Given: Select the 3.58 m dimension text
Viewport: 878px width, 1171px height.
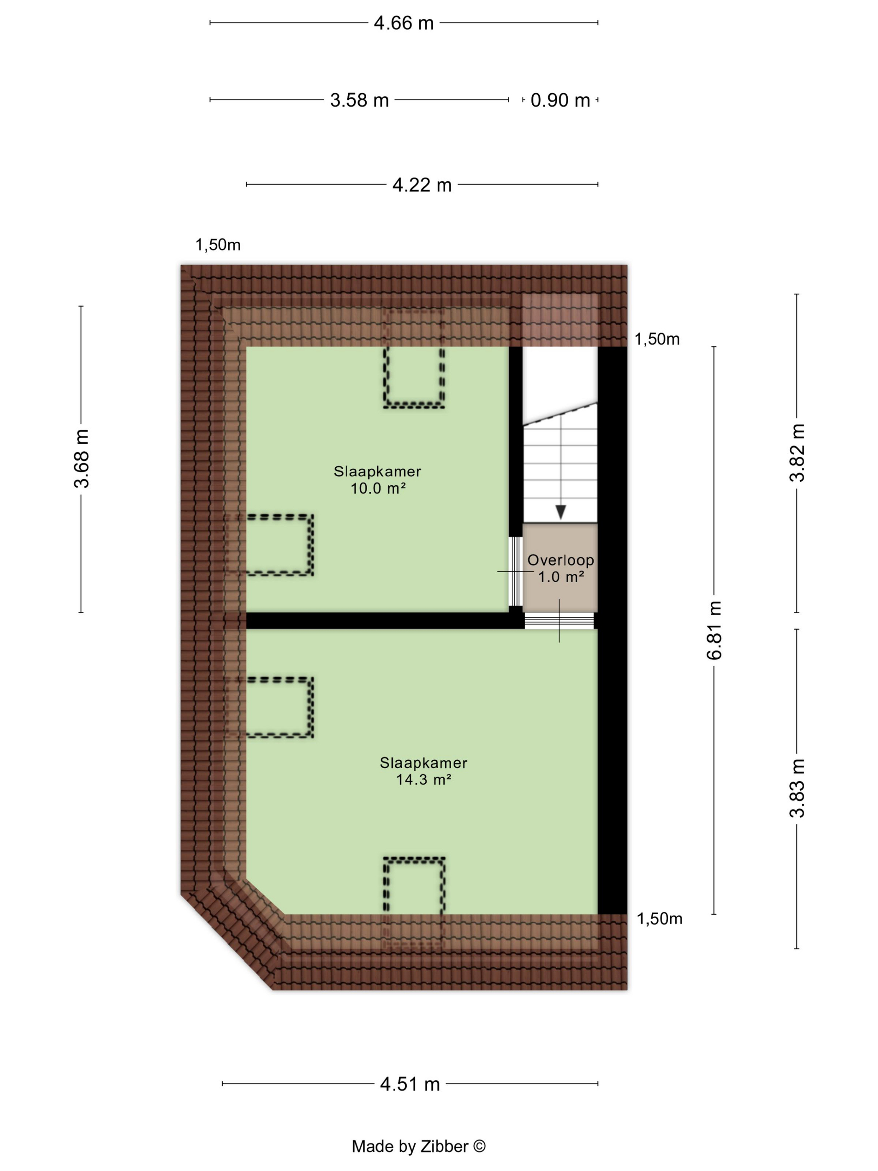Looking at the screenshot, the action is click(x=359, y=100).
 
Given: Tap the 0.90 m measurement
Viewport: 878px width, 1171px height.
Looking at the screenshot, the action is click(x=560, y=100).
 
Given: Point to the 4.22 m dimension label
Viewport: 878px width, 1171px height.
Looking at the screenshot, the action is click(x=422, y=185).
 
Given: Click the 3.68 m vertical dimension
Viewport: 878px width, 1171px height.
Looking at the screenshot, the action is click(x=82, y=458).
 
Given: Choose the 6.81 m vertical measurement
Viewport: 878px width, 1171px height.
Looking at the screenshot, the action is click(x=715, y=630).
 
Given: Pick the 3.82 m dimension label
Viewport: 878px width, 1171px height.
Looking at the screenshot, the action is click(x=797, y=453).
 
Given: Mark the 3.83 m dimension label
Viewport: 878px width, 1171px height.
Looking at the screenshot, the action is click(x=797, y=788).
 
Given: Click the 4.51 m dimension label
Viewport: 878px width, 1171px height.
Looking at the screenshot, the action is click(x=410, y=1084).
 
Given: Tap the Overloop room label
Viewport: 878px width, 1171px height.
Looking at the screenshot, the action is click(x=561, y=560).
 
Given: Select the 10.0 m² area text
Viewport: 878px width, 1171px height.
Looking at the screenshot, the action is click(x=378, y=488).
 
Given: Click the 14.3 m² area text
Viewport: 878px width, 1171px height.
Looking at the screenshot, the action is click(x=424, y=779).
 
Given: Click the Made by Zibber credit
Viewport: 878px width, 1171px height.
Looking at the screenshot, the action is click(x=419, y=1146).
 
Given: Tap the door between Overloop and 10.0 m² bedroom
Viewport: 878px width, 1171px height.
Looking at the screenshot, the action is click(x=515, y=571).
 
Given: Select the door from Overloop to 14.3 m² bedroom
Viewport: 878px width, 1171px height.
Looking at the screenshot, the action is click(x=559, y=621).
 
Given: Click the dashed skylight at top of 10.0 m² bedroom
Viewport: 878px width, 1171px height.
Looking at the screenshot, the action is click(x=414, y=359).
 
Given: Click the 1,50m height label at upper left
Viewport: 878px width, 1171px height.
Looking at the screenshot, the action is click(x=218, y=245).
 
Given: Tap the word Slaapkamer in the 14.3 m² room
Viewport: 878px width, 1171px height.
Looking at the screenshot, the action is click(x=424, y=763).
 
